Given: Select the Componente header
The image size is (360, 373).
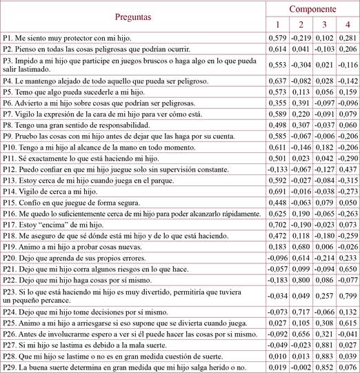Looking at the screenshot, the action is pyautogui.click(x=312, y=10).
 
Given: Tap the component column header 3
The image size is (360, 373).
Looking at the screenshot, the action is pyautogui.click(x=323, y=25).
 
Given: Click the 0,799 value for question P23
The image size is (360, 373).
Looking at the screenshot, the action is pyautogui.click(x=347, y=296).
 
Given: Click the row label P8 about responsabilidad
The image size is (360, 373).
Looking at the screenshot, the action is pyautogui.click(x=76, y=124).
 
